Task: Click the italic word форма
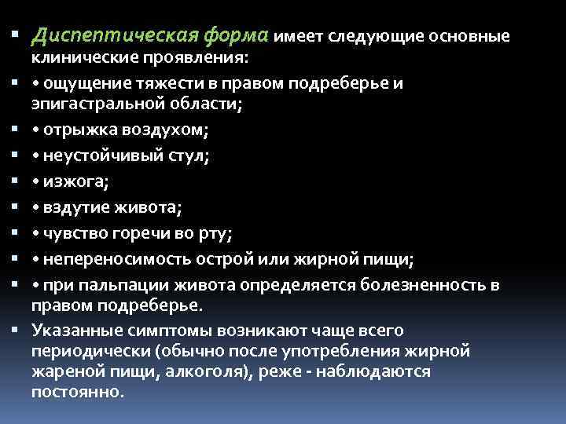(x=237, y=36)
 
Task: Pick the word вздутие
(x=71, y=208)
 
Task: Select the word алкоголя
(x=215, y=371)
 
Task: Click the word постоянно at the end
(x=76, y=390)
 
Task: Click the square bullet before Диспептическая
(x=15, y=36)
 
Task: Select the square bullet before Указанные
(x=15, y=331)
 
